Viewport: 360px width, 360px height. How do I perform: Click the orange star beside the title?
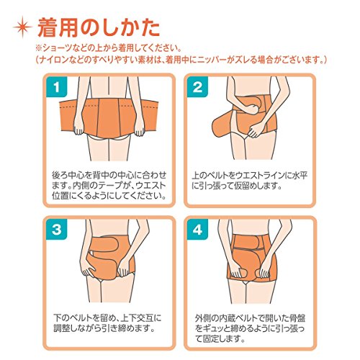(x=23, y=27)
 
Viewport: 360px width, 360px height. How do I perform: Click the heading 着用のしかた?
(x=99, y=27)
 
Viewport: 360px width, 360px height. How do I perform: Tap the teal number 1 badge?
(x=57, y=87)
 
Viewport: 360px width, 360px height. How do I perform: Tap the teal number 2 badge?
(x=197, y=87)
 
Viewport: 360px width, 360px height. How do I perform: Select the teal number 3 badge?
(x=57, y=230)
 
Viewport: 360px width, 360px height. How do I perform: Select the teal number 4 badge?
(x=197, y=230)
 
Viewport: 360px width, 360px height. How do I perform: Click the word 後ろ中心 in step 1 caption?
(x=68, y=175)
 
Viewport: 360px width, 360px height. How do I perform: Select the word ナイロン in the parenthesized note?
(x=53, y=60)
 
